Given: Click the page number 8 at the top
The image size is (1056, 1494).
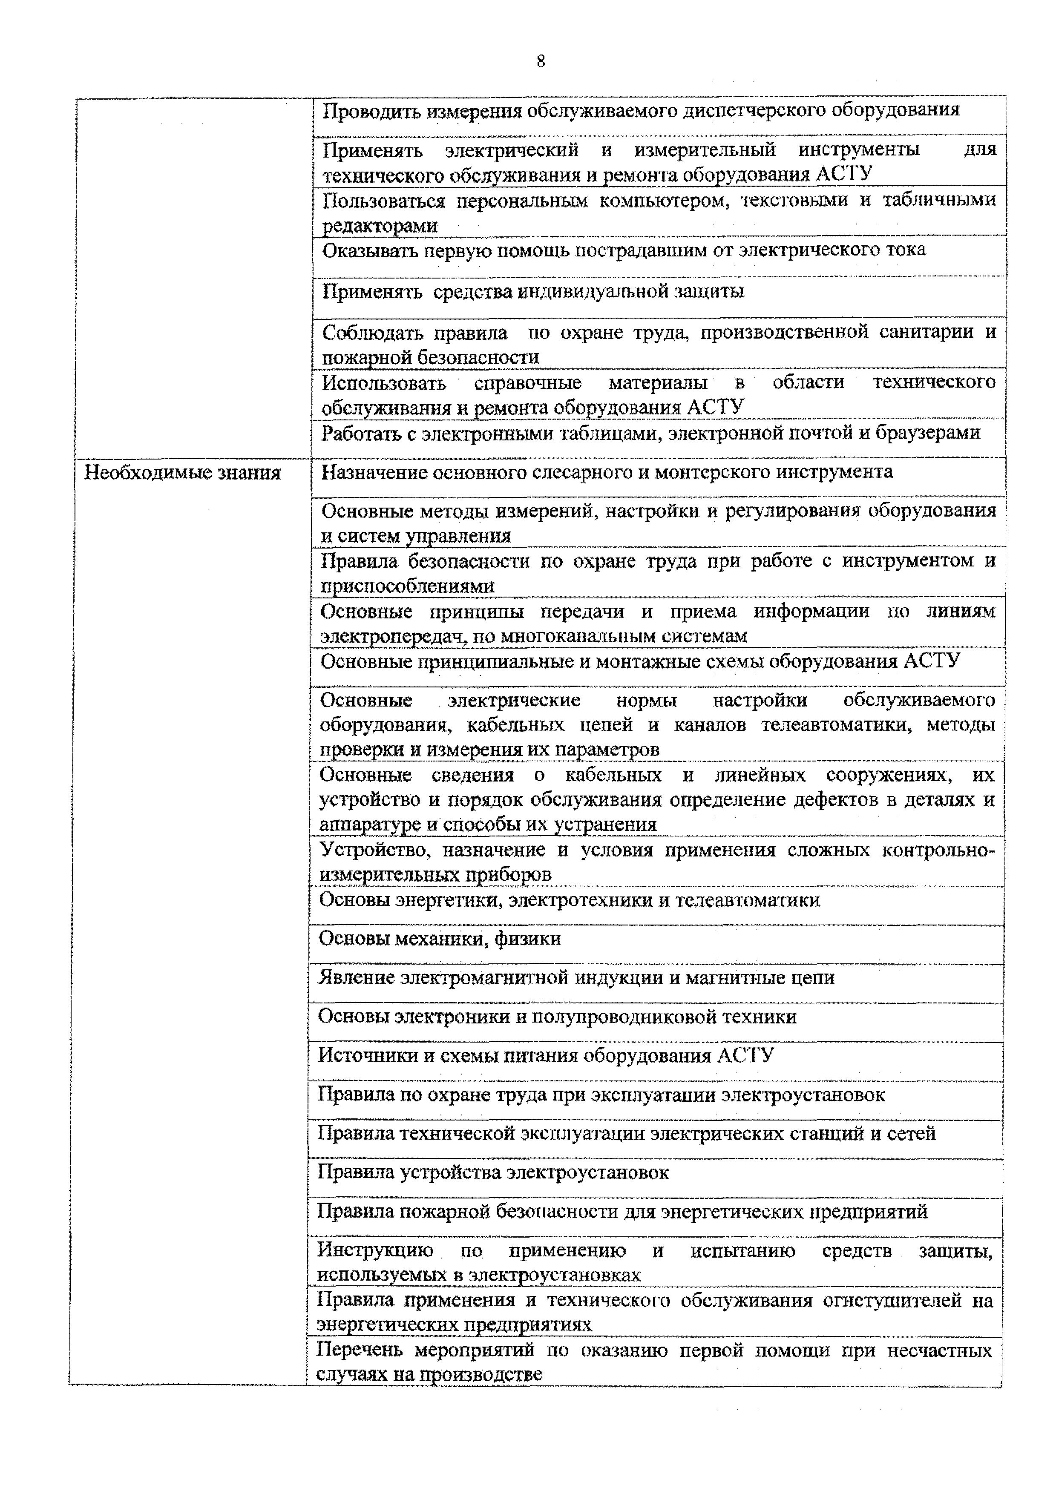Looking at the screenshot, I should coord(540,62).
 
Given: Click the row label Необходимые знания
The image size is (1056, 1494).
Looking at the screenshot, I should coord(182,473).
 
